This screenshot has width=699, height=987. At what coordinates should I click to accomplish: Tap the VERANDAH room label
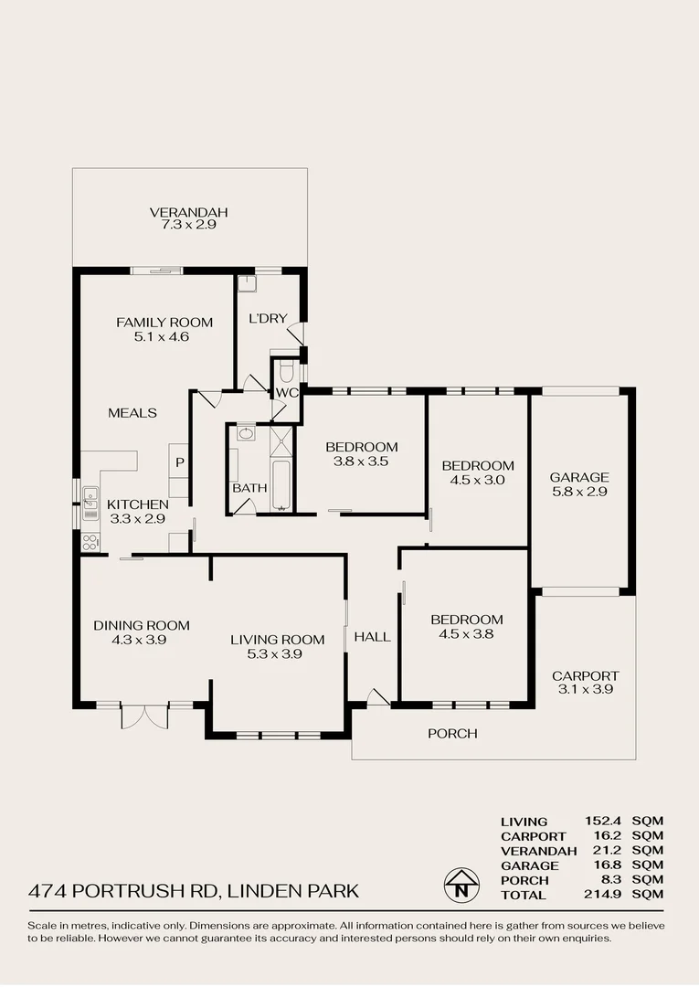(x=188, y=212)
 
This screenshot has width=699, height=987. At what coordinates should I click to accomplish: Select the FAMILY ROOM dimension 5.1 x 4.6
(x=164, y=336)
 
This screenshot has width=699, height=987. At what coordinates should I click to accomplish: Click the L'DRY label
(x=268, y=319)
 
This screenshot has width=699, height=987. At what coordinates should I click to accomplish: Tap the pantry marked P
(x=180, y=462)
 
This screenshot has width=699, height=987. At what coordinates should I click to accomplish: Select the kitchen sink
(x=90, y=502)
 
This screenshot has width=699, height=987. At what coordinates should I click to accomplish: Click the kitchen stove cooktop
(x=90, y=542)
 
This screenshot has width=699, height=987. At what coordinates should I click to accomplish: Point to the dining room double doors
(x=144, y=716)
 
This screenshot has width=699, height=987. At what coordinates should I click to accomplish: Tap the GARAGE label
(x=578, y=477)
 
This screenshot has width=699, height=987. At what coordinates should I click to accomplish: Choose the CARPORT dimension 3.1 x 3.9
(x=585, y=690)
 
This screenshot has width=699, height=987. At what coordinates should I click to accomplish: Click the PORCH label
(x=452, y=733)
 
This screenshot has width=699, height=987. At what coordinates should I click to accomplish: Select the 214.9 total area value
(x=602, y=895)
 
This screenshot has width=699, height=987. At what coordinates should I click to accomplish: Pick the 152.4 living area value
(x=602, y=822)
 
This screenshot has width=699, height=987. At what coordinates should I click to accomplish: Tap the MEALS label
(x=132, y=413)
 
